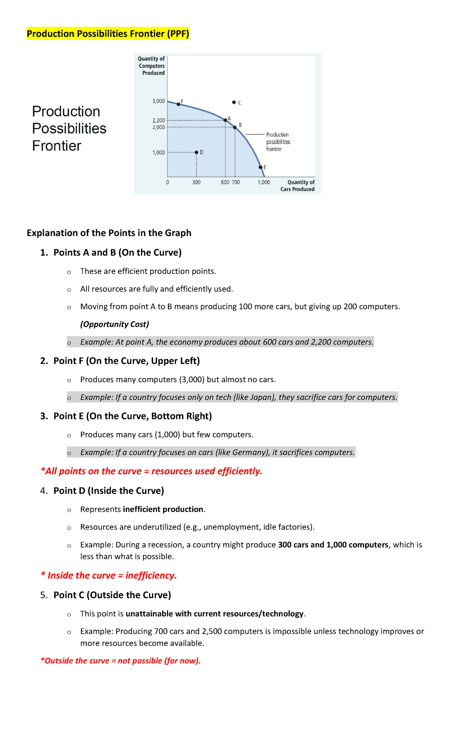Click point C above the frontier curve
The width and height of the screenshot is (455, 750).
pyautogui.click(x=234, y=102)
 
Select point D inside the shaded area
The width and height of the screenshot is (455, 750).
pyautogui.click(x=196, y=152)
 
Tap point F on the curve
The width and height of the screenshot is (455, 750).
pyautogui.click(x=179, y=104)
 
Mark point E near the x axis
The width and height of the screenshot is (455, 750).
pyautogui.click(x=260, y=167)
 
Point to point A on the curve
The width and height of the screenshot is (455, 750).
pyautogui.click(x=225, y=120)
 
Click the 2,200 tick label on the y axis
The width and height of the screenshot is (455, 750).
pyautogui.click(x=158, y=120)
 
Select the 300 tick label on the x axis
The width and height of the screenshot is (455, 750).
pyautogui.click(x=196, y=182)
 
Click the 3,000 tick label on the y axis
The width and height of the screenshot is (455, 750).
pyautogui.click(x=158, y=101)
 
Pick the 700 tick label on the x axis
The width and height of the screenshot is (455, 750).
pyautogui.click(x=236, y=182)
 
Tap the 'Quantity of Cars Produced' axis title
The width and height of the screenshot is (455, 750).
pyautogui.click(x=298, y=186)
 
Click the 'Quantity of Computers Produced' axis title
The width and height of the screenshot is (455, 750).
pyautogui.click(x=152, y=66)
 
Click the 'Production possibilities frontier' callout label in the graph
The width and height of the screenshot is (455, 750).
pyautogui.click(x=278, y=142)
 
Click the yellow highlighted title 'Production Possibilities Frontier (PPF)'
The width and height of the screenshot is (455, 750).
pyautogui.click(x=108, y=34)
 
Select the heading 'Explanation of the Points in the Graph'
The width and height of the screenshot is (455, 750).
pyautogui.click(x=109, y=233)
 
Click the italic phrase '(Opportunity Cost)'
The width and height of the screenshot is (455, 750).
pyautogui.click(x=115, y=324)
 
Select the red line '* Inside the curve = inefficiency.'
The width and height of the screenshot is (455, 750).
pyautogui.click(x=109, y=575)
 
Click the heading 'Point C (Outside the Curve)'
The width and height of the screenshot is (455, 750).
pyautogui.click(x=112, y=595)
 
